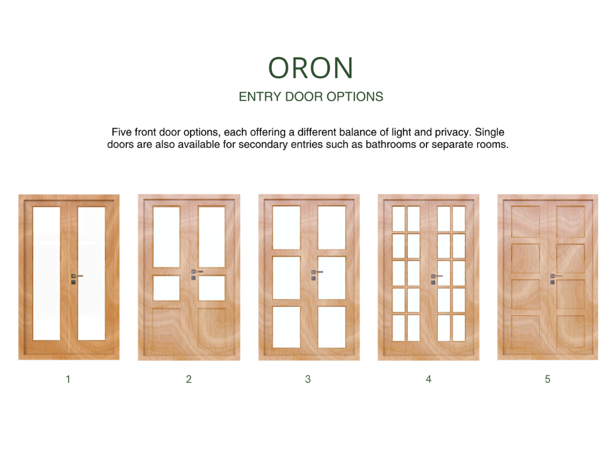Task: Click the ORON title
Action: (x=311, y=68)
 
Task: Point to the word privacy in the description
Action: (x=451, y=132)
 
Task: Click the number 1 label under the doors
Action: (x=68, y=379)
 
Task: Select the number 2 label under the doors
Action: (x=188, y=379)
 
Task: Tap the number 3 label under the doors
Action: (x=308, y=379)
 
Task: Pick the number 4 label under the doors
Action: (x=428, y=379)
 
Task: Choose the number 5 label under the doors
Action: (x=547, y=379)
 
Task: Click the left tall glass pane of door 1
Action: (x=46, y=274)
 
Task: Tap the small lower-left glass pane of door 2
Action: (x=167, y=288)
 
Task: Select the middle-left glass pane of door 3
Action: (x=286, y=278)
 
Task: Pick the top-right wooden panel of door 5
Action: (x=570, y=221)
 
